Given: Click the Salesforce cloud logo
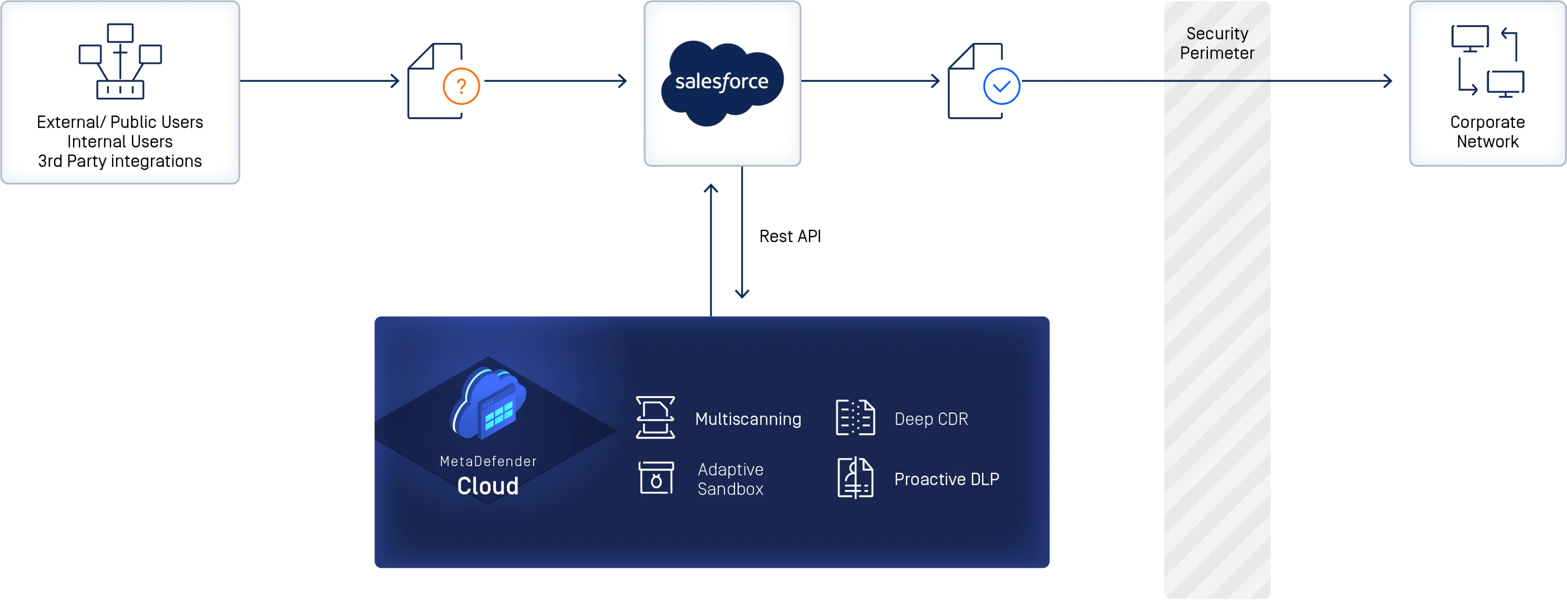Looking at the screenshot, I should tap(722, 82).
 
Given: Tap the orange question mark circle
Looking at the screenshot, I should tap(461, 86).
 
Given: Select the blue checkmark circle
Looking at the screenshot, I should tap(1001, 86).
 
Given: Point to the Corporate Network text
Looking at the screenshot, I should tap(1487, 132).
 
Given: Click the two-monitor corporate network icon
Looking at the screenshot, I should tap(1487, 61).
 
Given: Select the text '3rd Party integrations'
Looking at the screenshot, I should tap(120, 161).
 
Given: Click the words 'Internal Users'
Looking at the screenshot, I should tap(120, 142).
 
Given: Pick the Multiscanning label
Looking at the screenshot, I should tap(748, 419).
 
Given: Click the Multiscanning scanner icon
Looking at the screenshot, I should tap(655, 417).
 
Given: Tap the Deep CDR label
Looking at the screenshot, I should tap(931, 419).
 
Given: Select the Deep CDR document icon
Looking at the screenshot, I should tap(855, 417).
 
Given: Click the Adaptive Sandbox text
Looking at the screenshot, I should tap(730, 480).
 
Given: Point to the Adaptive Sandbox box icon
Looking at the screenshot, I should tap(656, 478).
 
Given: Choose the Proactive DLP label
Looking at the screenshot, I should tap(947, 480).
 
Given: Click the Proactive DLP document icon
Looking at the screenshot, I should tap(855, 478).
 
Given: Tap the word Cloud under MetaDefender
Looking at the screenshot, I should tap(488, 486).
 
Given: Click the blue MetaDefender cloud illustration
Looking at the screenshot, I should tap(488, 403).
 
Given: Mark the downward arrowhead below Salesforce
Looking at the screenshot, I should tap(741, 294).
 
